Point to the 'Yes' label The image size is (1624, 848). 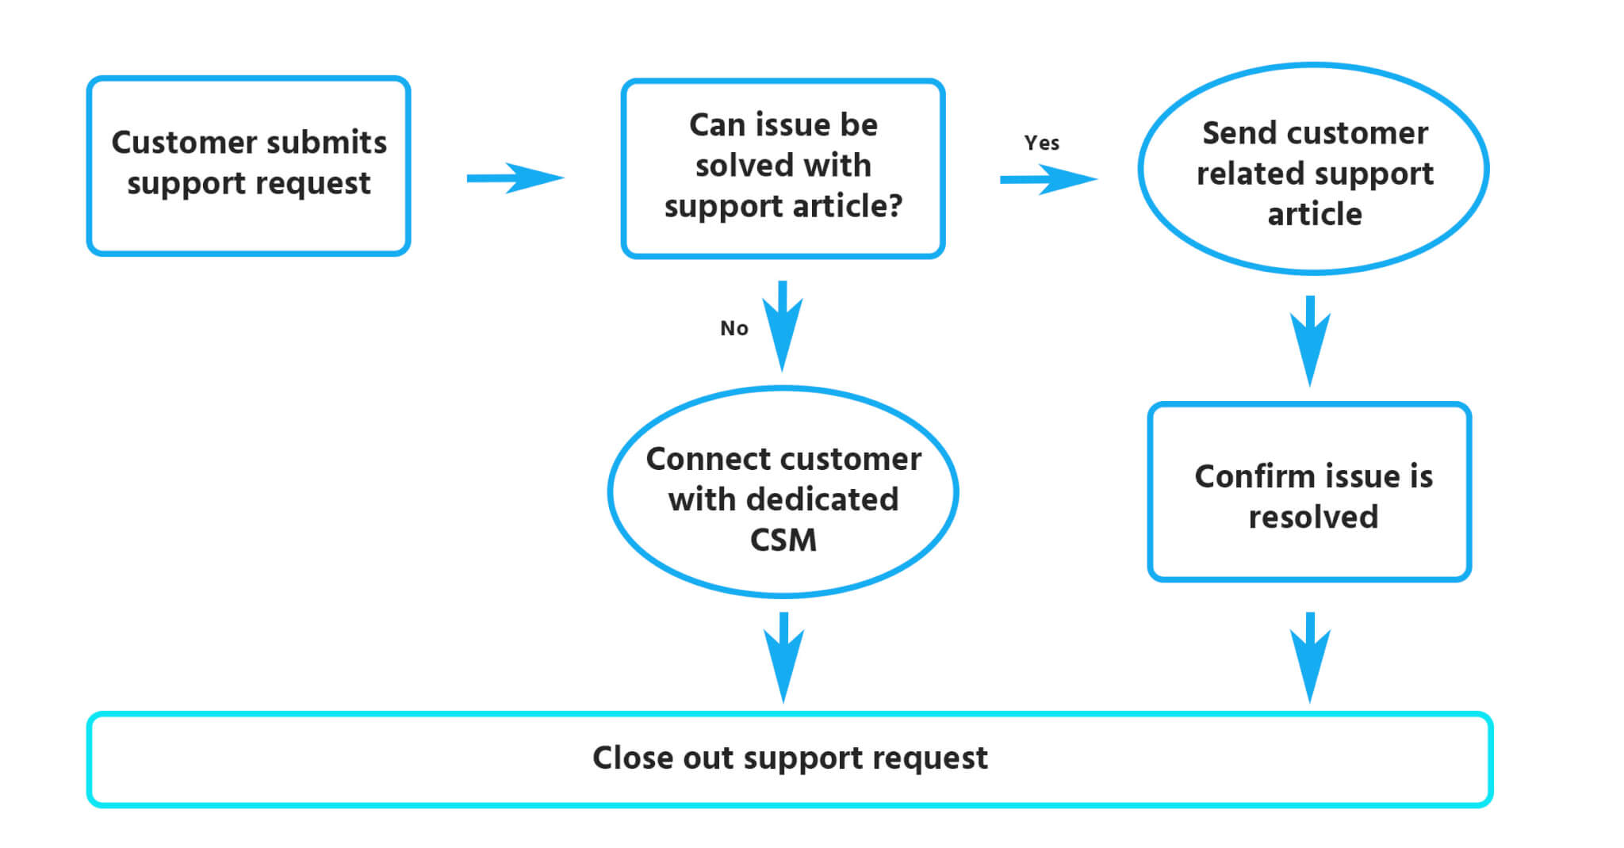(x=1041, y=143)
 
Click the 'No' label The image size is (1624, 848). (x=733, y=328)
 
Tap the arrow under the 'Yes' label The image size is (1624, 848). (x=1049, y=179)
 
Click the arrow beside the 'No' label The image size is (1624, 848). (x=783, y=326)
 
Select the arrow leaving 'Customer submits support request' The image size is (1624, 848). (x=515, y=178)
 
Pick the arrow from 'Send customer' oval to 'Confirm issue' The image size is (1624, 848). (x=1310, y=341)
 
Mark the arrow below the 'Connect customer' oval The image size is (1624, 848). (x=783, y=657)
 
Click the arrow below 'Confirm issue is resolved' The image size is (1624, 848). (x=1310, y=657)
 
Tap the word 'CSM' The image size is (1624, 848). (x=783, y=541)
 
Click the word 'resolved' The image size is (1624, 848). (x=1313, y=517)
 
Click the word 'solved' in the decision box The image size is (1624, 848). (x=744, y=165)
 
